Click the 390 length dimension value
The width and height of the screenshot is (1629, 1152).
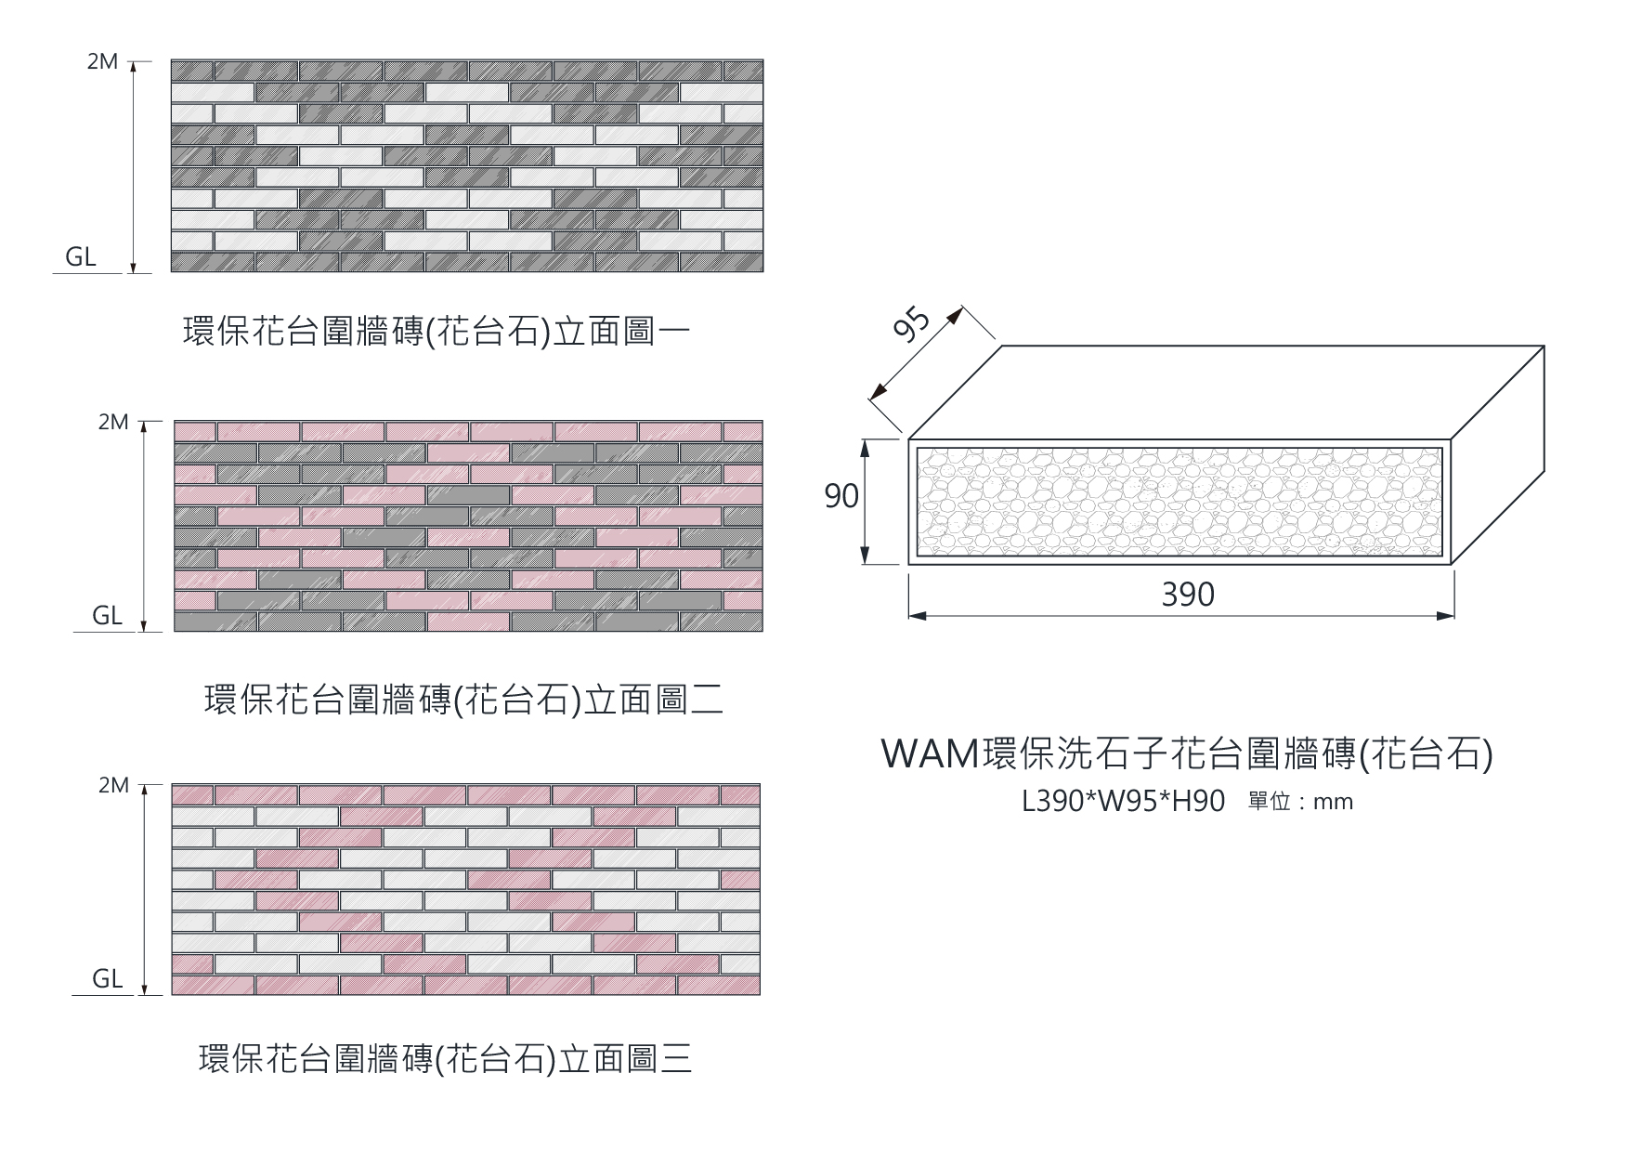1188,595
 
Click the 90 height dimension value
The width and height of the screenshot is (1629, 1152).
841,497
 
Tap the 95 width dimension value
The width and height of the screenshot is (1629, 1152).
911,324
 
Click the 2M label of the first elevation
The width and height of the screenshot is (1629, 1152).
103,61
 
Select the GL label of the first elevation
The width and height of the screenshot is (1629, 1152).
81,257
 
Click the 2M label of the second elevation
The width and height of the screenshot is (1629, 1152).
113,423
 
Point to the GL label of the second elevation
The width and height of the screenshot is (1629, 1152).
107,616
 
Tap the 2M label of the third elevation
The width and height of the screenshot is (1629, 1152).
113,786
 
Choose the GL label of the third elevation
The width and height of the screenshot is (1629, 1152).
107,979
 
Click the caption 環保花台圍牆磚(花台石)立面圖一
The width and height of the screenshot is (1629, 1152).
437,332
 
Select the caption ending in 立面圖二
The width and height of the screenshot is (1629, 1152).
463,700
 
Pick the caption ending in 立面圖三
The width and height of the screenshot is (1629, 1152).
446,1059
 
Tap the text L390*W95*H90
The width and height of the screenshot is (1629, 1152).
1123,802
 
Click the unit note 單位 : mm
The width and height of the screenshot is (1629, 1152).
1301,802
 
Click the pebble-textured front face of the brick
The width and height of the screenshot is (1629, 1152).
1179,502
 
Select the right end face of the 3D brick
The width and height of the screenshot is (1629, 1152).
1497,455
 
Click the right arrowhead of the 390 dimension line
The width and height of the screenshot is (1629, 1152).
1446,616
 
